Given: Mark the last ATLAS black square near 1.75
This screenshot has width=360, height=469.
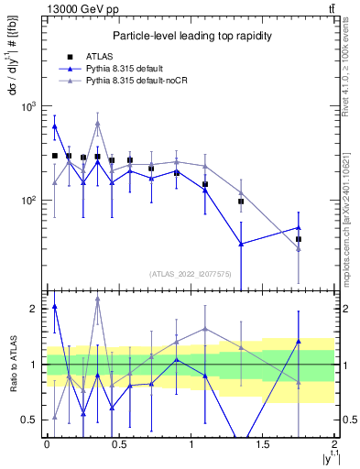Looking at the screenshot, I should click(299, 239).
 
